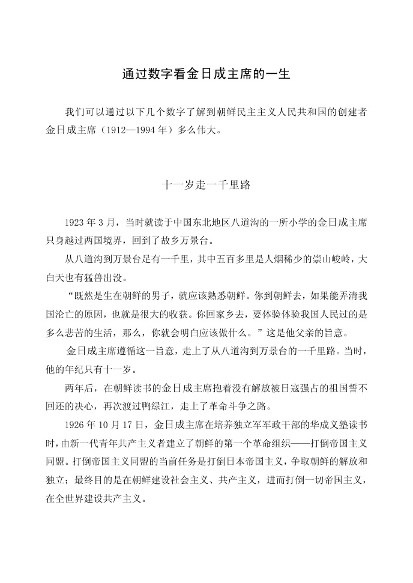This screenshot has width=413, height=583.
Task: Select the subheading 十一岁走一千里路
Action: tap(206, 186)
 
